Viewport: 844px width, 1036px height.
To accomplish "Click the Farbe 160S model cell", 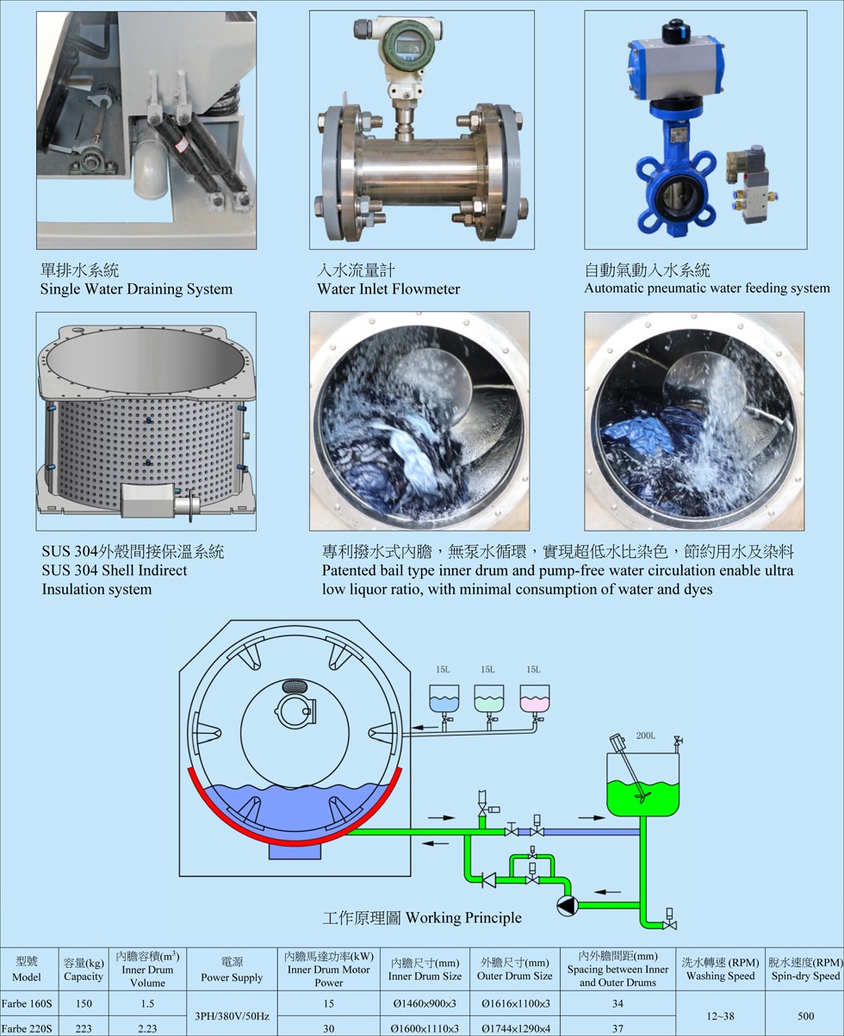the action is pyautogui.click(x=27, y=1003).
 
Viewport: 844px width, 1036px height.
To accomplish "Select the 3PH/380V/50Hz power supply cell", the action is pyautogui.click(x=232, y=1015).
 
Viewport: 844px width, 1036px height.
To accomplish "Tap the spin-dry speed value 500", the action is pyautogui.click(x=805, y=1015).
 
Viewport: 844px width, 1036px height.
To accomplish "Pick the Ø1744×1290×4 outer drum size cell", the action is pyautogui.click(x=515, y=1028).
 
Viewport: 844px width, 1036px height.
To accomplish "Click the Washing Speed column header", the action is pyautogui.click(x=721, y=969).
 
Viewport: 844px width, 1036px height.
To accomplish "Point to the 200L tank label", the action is pyautogui.click(x=646, y=735).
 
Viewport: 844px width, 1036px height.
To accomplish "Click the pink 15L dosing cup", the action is pyautogui.click(x=535, y=698).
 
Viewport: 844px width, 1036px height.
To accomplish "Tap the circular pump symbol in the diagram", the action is pyautogui.click(x=568, y=905).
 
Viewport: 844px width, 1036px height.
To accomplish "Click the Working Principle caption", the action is pyautogui.click(x=422, y=918).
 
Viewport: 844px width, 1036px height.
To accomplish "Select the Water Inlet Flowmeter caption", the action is pyautogui.click(x=388, y=288).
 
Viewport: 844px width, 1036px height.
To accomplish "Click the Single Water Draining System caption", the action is pyautogui.click(x=136, y=288).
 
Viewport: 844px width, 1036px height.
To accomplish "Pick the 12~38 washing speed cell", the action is pyautogui.click(x=721, y=1015).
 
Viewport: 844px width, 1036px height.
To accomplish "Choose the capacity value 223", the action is pyautogui.click(x=84, y=1028).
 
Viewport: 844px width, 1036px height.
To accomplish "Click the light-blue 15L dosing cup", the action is pyautogui.click(x=444, y=698).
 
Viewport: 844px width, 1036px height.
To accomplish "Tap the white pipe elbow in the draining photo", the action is pyautogui.click(x=150, y=160).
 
